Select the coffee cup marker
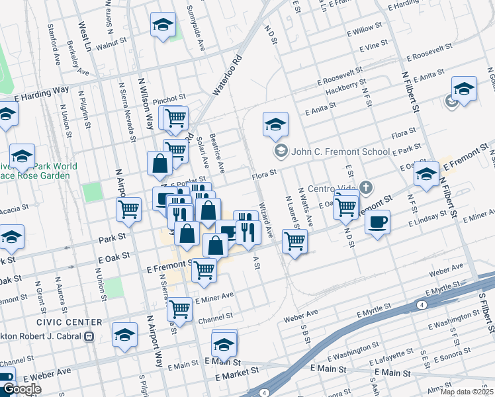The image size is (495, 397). pos(377,222)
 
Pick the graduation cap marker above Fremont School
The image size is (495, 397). pos(275,123)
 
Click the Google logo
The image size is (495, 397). pos(22,390)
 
